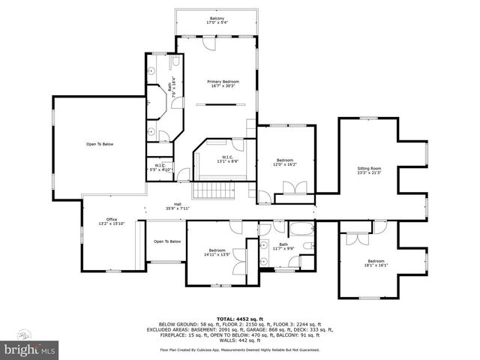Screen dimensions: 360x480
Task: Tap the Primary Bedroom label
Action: (x=223, y=83)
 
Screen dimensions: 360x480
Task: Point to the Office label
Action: (x=111, y=221)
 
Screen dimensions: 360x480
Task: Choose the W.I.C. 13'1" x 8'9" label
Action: (x=222, y=158)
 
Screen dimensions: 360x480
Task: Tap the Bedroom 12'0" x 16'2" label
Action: (x=285, y=162)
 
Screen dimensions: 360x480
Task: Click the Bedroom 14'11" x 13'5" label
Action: (x=217, y=252)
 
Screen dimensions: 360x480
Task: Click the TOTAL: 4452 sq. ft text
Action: (x=239, y=318)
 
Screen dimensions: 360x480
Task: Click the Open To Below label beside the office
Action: (x=167, y=241)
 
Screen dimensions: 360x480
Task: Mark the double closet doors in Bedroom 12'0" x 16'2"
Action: (x=289, y=198)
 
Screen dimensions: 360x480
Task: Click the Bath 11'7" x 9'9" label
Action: (x=283, y=246)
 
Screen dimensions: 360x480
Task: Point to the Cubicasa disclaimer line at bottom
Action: (x=239, y=349)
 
